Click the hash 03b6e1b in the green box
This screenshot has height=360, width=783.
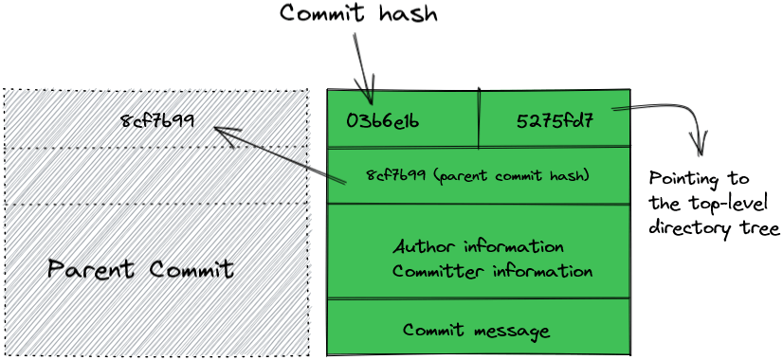pyautogui.click(x=383, y=121)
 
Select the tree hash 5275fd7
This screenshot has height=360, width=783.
pyautogui.click(x=555, y=121)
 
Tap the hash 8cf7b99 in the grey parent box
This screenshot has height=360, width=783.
pyautogui.click(x=157, y=120)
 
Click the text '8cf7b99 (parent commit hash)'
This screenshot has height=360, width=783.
pyautogui.click(x=478, y=176)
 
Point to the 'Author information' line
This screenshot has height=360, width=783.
pyautogui.click(x=479, y=247)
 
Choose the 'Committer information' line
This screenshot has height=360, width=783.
pyautogui.click(x=492, y=271)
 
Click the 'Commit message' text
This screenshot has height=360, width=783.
pyautogui.click(x=476, y=331)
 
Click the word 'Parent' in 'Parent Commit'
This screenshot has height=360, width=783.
pyautogui.click(x=90, y=269)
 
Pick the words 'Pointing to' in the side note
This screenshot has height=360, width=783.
pyautogui.click(x=699, y=179)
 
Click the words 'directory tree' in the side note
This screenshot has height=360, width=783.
pyautogui.click(x=714, y=228)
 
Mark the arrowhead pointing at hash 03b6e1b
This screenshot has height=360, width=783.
pyautogui.click(x=370, y=99)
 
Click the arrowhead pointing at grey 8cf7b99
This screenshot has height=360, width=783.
pyautogui.click(x=221, y=132)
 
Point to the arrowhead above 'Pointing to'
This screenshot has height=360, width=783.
pyautogui.click(x=701, y=149)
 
